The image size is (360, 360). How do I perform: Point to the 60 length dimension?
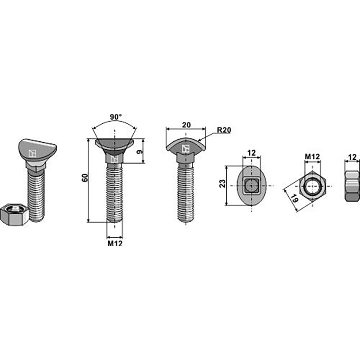click(x=84, y=177)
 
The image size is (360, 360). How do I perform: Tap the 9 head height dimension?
click(x=139, y=152)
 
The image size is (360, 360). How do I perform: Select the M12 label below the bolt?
click(x=115, y=243)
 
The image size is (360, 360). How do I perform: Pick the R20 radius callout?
click(x=223, y=130)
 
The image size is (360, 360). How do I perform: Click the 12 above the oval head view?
click(x=251, y=153)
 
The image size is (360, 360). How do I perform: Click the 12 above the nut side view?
click(x=352, y=157)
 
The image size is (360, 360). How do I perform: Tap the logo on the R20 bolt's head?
click(x=185, y=148)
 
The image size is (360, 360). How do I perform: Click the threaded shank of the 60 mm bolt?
click(x=114, y=193)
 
